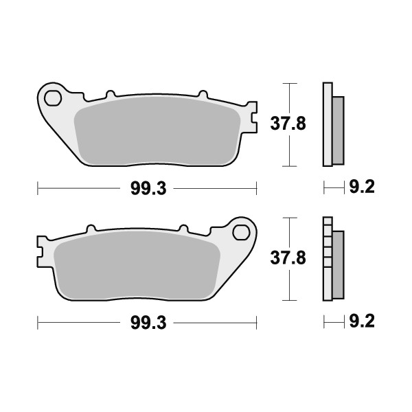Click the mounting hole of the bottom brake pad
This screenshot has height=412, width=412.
pos(241,233)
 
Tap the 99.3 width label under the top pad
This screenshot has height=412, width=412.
pos(147,187)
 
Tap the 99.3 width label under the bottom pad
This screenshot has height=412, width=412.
pos(147,321)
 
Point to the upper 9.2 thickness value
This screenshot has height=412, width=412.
pos(361,187)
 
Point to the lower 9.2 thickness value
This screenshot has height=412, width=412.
pos(361,321)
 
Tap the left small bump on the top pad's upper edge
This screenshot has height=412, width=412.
pos(110,94)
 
